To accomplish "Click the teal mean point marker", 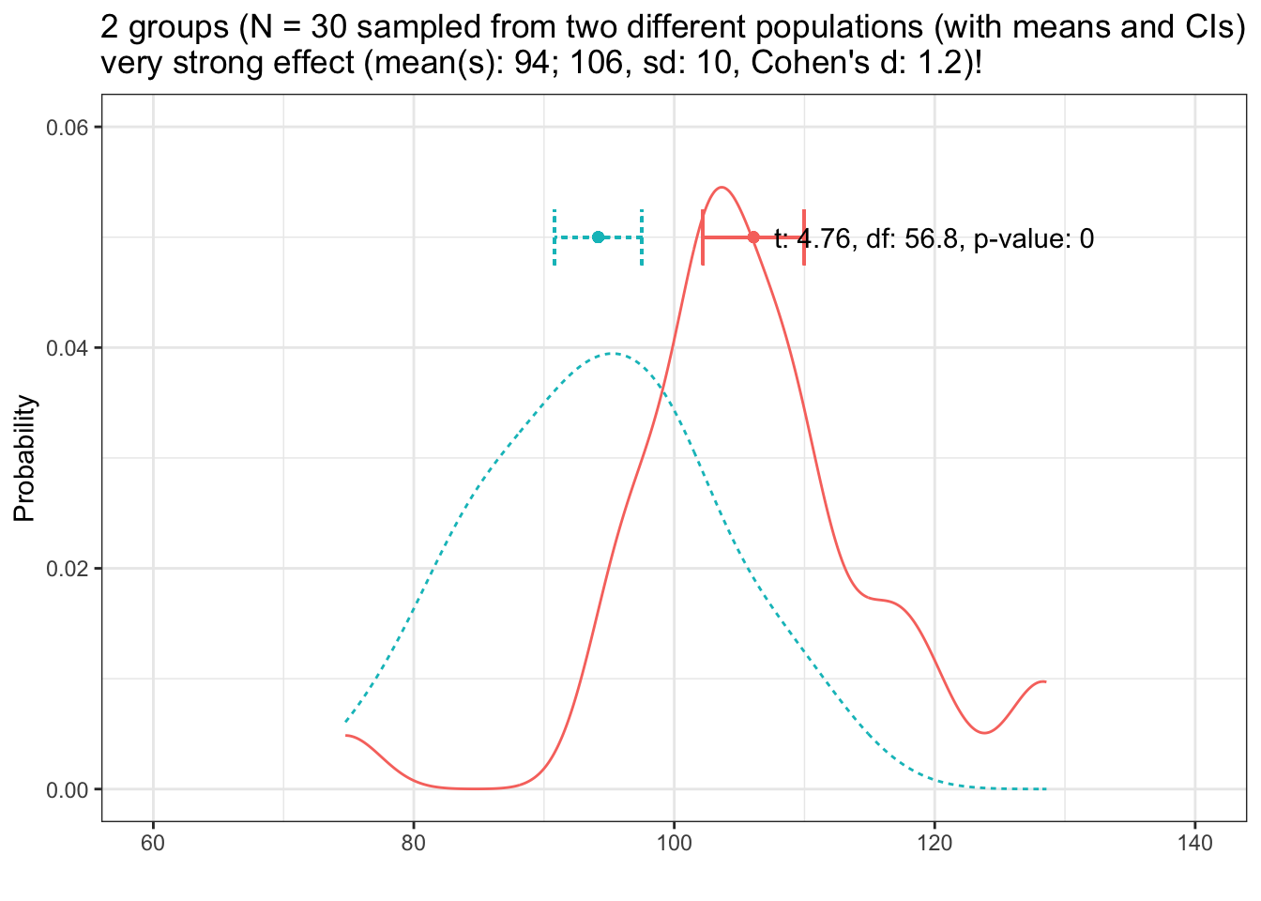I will pyautogui.click(x=599, y=237).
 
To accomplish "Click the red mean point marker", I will pyautogui.click(x=753, y=237).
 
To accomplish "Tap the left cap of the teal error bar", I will pyautogui.click(x=555, y=237).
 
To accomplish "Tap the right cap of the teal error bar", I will pyautogui.click(x=642, y=237).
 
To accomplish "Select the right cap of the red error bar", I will pyautogui.click(x=804, y=237).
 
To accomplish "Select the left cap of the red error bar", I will pyautogui.click(x=703, y=237).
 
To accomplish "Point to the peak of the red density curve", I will pyautogui.click(x=721, y=188).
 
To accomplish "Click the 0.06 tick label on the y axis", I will pyautogui.click(x=68, y=128).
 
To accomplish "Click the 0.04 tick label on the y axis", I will pyautogui.click(x=68, y=348).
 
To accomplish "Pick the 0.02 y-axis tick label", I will pyautogui.click(x=68, y=569).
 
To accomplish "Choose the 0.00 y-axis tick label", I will pyautogui.click(x=68, y=789).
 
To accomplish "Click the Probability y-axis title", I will pyautogui.click(x=24, y=458).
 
